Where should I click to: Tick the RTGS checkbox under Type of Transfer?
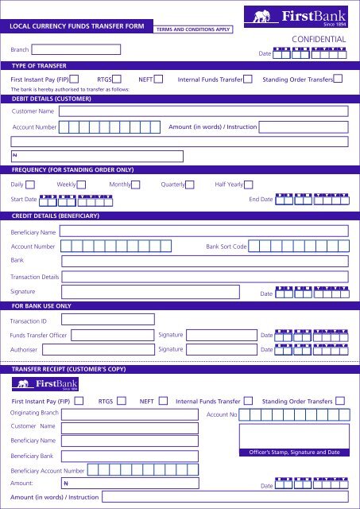pos(117,79)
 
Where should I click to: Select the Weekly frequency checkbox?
pos(81,185)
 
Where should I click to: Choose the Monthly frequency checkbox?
pos(135,185)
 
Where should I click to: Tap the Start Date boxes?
pos(76,199)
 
